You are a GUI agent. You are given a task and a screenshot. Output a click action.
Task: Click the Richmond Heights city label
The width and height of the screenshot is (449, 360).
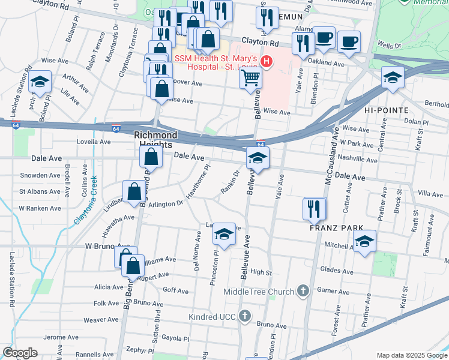155,140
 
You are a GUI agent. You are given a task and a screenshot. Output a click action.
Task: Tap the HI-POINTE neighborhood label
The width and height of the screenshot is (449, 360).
386,110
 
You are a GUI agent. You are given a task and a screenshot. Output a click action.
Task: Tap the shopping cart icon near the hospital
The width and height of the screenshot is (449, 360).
251,78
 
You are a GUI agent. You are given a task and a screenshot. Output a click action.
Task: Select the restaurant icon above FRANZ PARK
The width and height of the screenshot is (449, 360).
315,209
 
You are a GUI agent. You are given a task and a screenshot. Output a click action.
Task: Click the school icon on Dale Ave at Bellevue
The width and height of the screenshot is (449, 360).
258,158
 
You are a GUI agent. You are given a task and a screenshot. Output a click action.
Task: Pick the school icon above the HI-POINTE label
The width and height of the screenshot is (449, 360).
393,77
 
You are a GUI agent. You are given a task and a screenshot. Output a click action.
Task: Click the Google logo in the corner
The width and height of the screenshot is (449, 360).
20,353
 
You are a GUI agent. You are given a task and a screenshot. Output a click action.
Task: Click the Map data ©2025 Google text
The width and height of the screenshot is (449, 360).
411,355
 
